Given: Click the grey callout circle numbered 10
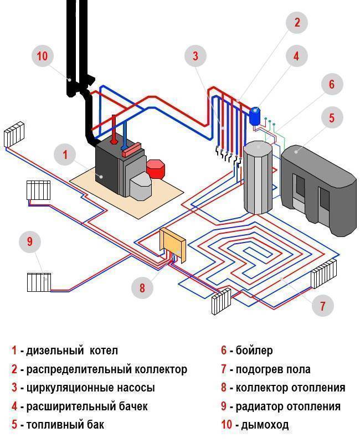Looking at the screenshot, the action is [x=43, y=55].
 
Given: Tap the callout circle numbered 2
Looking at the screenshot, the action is [x=296, y=22].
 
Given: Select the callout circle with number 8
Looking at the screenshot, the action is [x=142, y=287].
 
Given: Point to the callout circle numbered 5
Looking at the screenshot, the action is [x=332, y=117].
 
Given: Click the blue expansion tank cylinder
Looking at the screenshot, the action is [x=255, y=116].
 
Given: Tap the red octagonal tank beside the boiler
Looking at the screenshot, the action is [x=155, y=169].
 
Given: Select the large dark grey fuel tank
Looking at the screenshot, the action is [x=318, y=189].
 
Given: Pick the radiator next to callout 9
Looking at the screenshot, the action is [x=39, y=282].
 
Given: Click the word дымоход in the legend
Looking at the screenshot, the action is [x=265, y=425].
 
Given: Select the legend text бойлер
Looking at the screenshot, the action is [x=254, y=351].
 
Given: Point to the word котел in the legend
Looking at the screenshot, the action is [x=104, y=351].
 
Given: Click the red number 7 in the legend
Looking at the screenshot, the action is [x=224, y=369].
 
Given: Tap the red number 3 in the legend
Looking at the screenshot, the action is [x=14, y=387].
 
